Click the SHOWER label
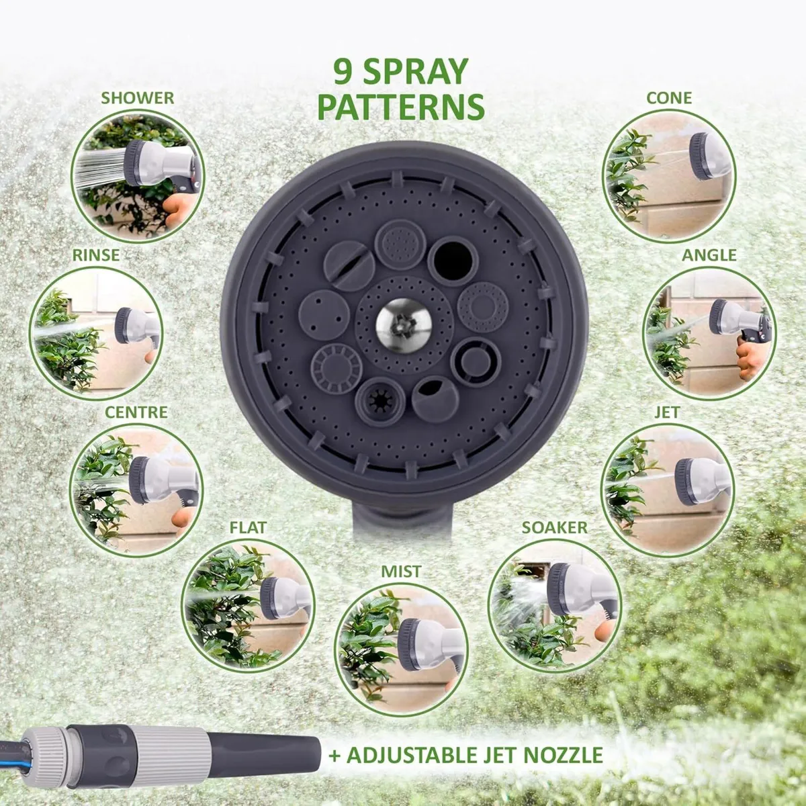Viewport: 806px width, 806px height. pos(137,98)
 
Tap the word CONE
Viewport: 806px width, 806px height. pos(669,98)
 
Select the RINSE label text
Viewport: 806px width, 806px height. pos(96,255)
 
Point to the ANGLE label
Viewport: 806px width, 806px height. pos(709,255)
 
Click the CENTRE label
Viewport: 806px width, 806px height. pos(136,412)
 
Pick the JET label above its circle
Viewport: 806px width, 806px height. pos(667,412)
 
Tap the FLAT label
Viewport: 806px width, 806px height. pos(248,527)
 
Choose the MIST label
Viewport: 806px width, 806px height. pos(401,572)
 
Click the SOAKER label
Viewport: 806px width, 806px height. pos(554,527)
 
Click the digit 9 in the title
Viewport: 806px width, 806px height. pos(343,72)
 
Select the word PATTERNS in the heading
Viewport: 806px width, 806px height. pos(401,107)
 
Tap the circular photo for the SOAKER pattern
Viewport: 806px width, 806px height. pos(554,604)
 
